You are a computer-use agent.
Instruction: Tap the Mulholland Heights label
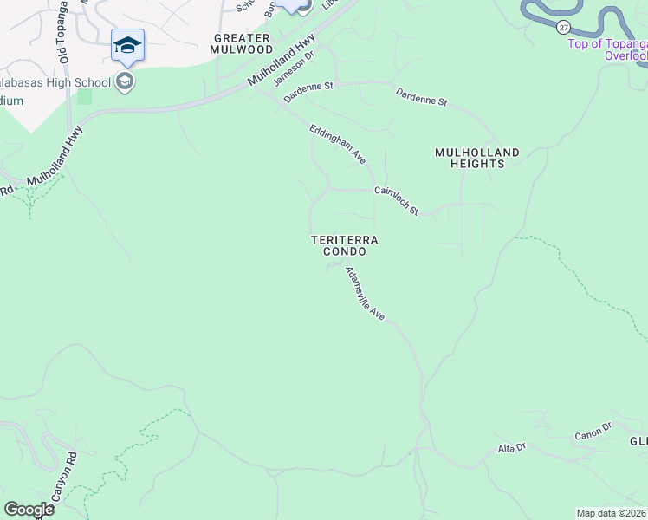point(476,159)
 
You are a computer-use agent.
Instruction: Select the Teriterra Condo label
point(345,245)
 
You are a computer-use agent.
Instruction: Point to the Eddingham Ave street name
point(339,145)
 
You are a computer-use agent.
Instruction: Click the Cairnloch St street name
point(396,199)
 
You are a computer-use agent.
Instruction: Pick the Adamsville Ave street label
point(365,294)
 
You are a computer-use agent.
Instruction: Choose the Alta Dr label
point(511,447)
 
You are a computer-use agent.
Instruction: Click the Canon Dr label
point(593,428)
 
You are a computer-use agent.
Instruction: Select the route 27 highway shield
point(564,27)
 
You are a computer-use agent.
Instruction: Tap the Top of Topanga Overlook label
point(607,49)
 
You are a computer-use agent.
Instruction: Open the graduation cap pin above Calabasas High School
point(127,45)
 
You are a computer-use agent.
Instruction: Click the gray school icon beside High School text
point(126,82)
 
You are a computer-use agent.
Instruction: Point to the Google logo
point(29,510)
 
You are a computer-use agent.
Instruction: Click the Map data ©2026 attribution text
point(612,513)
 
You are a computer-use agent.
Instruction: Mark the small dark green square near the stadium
point(84,96)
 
